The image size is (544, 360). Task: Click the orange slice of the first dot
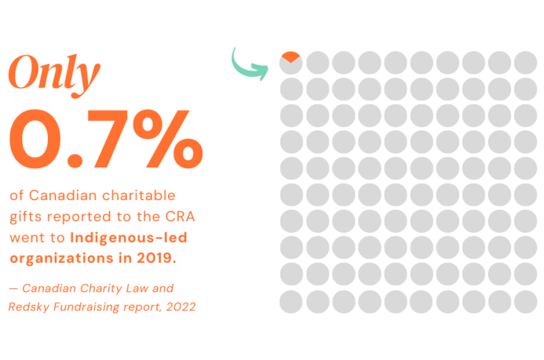tap(291, 55)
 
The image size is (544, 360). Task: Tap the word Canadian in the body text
tap(58, 195)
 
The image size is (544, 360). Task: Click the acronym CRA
tap(180, 216)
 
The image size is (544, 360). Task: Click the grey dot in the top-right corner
tap(526, 62)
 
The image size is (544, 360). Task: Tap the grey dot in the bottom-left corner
tap(291, 302)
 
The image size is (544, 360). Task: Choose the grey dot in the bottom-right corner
tap(526, 302)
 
